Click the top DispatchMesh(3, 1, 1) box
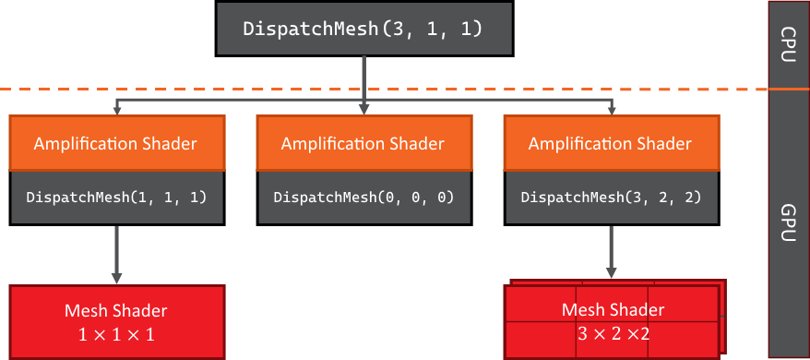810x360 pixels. (363, 28)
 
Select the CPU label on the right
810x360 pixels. (789, 43)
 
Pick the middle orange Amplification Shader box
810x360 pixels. (363, 143)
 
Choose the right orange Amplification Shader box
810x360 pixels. (610, 143)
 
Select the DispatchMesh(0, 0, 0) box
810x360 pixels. (363, 198)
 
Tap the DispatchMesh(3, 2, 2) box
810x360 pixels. (610, 198)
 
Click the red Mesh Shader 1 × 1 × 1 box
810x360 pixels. (116, 321)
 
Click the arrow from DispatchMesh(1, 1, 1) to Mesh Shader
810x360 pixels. (116, 253)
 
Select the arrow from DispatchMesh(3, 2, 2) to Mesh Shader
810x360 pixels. (610, 253)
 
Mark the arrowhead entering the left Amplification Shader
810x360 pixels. (116, 110)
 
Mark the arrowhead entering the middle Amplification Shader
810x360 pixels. (363, 110)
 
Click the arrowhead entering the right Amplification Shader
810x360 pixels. (611, 110)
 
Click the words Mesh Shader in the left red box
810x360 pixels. (116, 310)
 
